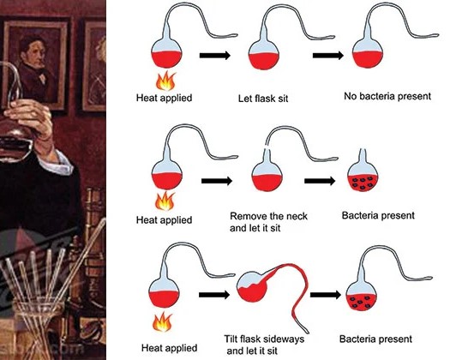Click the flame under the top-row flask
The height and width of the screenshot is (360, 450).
[x=165, y=81]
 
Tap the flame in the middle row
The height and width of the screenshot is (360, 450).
[x=165, y=201]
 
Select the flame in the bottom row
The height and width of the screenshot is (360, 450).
[x=163, y=322]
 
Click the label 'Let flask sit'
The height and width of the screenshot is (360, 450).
[x=263, y=99]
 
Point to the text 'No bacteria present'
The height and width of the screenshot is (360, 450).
[x=387, y=96]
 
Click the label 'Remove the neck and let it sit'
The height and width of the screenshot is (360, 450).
[x=268, y=222]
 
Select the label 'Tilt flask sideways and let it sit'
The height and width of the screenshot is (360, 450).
[x=264, y=345]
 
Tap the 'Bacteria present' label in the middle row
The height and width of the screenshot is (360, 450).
[x=378, y=215]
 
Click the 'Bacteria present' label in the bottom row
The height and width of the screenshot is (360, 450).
[x=375, y=339]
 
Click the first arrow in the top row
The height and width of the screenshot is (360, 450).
[x=215, y=55]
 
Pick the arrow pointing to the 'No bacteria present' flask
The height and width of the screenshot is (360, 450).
[x=328, y=55]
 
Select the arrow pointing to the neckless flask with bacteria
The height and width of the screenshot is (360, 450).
[x=320, y=181]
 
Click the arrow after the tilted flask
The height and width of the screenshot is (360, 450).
[x=326, y=295]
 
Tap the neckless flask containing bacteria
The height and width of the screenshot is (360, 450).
[x=363, y=175]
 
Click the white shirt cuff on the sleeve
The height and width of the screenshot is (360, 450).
[x=57, y=163]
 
